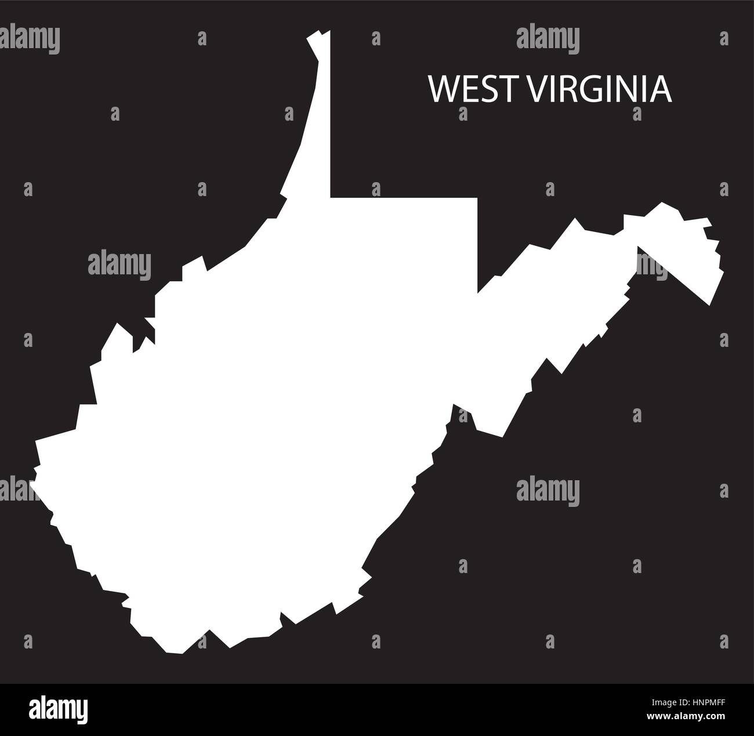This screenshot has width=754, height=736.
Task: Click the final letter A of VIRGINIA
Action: [x=664, y=89]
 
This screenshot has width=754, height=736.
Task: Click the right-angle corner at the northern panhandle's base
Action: [x=331, y=197]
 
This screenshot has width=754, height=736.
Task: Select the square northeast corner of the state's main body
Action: [x=477, y=198]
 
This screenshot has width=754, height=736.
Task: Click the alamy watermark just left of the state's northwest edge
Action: [x=119, y=264]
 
